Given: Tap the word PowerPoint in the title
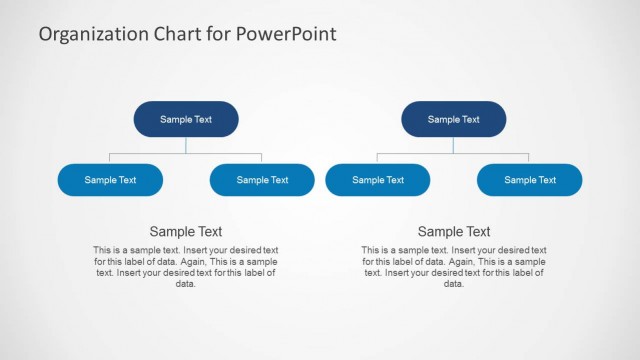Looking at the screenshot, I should [286, 34].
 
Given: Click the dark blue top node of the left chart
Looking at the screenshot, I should [186, 119].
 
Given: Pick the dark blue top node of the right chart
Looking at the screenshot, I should [454, 119].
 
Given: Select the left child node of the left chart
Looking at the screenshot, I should [110, 180].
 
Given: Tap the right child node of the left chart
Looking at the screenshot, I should [262, 180].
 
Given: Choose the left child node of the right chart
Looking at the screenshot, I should [378, 180].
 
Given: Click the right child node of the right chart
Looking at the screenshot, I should [530, 180].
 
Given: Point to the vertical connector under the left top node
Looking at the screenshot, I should [186, 146].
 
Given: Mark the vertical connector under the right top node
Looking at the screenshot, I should [454, 146].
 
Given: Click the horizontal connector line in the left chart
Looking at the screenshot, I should [150, 154].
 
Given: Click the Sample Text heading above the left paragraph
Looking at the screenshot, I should [186, 231].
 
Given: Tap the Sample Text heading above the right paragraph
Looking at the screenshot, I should [454, 231].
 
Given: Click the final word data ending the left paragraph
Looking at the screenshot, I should [186, 283].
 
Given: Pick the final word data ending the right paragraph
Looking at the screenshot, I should [454, 283].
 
